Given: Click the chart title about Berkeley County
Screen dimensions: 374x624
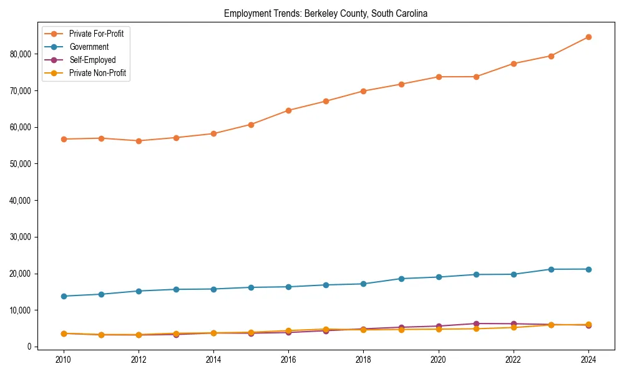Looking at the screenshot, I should [325, 14].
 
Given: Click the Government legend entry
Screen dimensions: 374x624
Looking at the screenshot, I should [89, 47].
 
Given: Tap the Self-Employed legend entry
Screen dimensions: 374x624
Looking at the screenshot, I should [92, 60].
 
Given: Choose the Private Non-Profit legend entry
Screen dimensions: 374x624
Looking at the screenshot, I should [97, 73].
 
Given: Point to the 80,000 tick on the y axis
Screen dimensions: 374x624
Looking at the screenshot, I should [22, 54].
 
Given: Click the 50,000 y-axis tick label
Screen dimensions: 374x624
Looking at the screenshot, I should [22, 164].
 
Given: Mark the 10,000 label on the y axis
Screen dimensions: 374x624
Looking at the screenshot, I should [22, 310].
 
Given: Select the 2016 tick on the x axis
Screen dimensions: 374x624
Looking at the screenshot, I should [288, 360].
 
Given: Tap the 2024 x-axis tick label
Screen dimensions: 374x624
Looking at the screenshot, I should [588, 360].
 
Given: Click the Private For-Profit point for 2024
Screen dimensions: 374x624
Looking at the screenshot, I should [588, 37].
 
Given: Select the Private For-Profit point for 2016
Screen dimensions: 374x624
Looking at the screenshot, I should [288, 110].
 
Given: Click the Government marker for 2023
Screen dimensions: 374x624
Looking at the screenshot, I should [551, 269].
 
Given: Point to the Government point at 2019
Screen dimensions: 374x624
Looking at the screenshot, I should [401, 279].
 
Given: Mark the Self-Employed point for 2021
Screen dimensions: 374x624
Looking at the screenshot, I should [476, 324].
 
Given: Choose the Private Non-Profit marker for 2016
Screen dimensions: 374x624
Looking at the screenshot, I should [288, 330].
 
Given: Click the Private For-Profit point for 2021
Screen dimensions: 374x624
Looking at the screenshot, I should [476, 77].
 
